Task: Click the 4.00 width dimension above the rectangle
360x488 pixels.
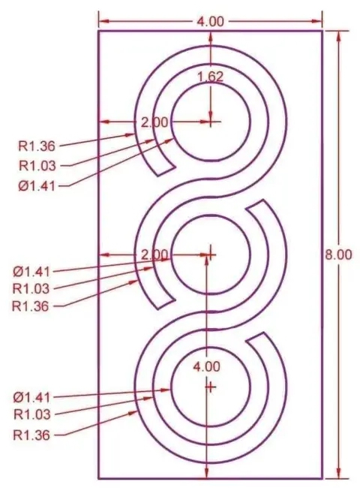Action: (210, 22)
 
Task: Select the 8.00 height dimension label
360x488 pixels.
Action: (338, 255)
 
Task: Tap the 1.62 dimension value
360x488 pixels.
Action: (211, 77)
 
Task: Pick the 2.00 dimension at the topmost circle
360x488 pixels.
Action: (154, 122)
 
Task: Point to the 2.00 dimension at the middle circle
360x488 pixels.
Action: (154, 255)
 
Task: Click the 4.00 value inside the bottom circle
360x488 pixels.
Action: (206, 367)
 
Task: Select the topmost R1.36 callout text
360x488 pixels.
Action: (37, 146)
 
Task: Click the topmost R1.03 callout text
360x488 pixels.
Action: (37, 166)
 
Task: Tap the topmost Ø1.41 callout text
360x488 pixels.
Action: (37, 186)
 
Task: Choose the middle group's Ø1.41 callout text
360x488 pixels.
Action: (31, 272)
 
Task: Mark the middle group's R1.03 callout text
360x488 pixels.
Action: (31, 289)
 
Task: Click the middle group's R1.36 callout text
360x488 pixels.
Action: (31, 306)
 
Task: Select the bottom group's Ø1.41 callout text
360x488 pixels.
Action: (31, 397)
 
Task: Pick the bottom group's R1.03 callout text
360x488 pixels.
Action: (32, 414)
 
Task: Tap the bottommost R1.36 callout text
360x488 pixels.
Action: (31, 435)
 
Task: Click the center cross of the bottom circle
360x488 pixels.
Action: (211, 387)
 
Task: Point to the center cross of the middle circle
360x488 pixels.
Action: (211, 255)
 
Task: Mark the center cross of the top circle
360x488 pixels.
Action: (211, 122)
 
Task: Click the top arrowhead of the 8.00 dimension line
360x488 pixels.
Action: (338, 35)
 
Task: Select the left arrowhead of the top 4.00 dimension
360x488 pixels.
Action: (103, 22)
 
